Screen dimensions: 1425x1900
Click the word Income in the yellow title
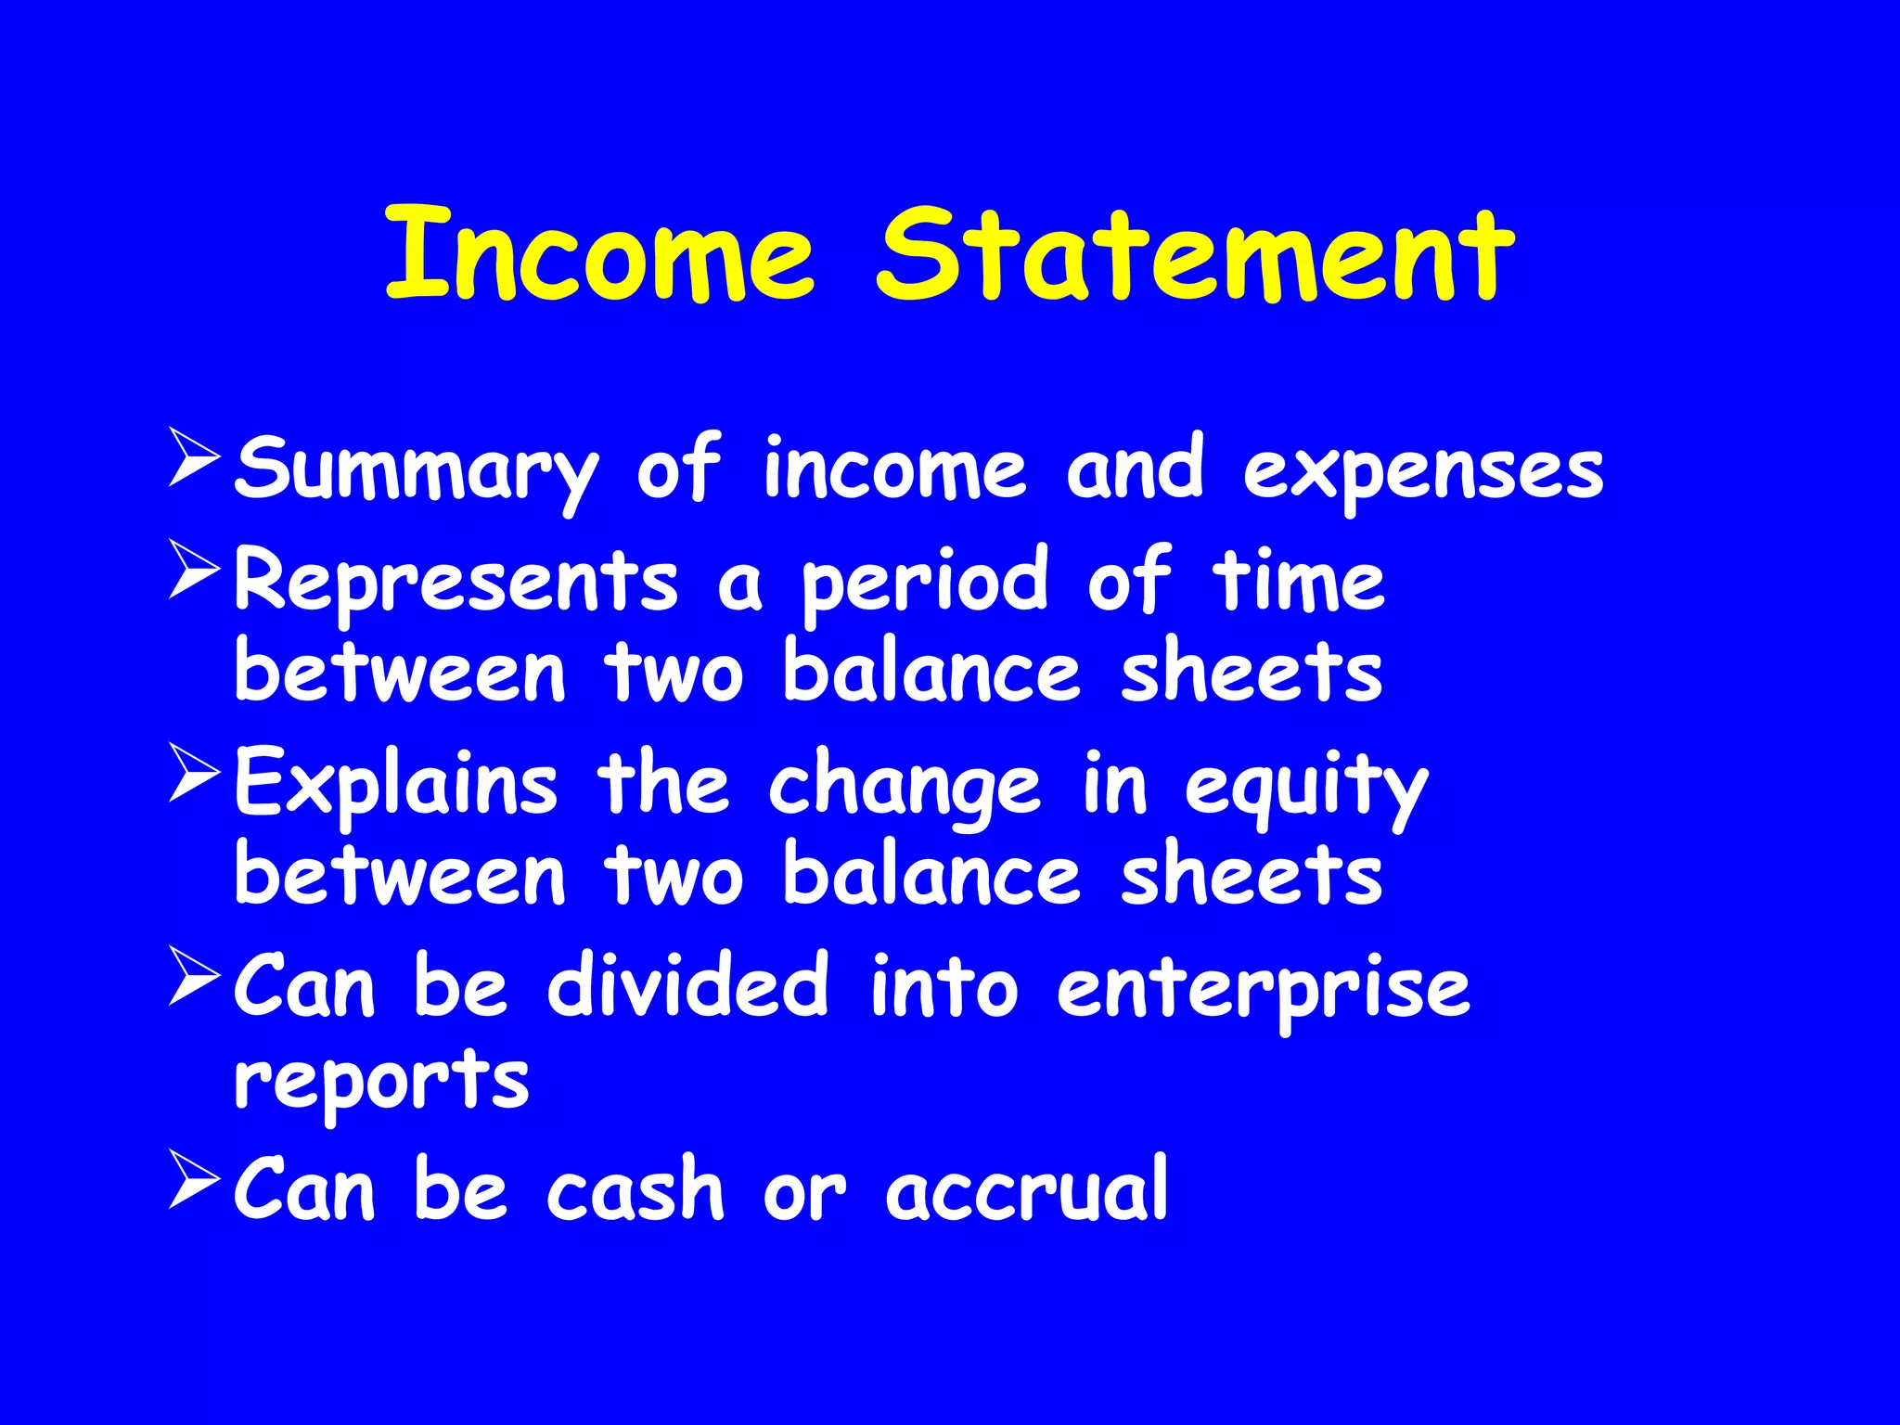pos(600,255)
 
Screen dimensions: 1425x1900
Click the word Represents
pos(456,581)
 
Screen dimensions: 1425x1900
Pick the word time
pos(1299,581)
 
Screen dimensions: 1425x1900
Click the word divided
pos(687,986)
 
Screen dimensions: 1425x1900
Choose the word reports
pos(381,1082)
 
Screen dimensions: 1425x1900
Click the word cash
pos(635,1190)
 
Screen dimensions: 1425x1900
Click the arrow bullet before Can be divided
pos(195,975)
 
